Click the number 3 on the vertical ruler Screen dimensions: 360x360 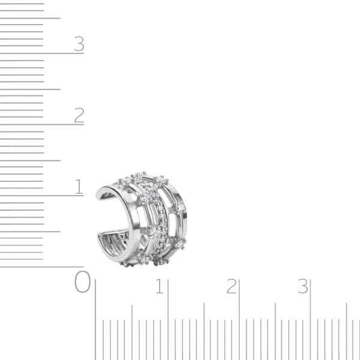79,44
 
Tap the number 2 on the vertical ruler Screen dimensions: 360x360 79,115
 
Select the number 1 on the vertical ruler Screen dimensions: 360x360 79,187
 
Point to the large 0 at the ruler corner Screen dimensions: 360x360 82,281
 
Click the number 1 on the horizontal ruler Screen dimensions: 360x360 160,286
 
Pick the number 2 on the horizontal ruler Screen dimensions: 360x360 232,286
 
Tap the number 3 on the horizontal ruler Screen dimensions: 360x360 303,286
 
